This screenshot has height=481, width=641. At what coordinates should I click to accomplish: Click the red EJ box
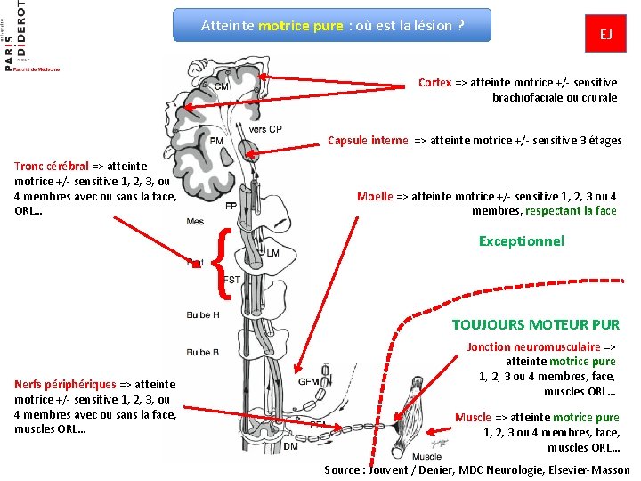[605, 35]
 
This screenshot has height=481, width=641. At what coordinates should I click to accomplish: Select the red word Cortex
[434, 83]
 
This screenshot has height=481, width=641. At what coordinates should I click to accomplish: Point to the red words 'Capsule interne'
[368, 140]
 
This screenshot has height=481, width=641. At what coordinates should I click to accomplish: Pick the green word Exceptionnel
[521, 241]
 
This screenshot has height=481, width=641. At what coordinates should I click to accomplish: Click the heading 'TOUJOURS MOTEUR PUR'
[535, 325]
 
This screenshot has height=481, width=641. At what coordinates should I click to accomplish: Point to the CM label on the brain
[221, 86]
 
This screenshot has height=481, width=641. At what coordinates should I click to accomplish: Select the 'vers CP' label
[264, 129]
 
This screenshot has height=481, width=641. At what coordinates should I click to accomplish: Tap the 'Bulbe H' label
[204, 315]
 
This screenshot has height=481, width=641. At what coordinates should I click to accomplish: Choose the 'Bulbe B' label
[204, 353]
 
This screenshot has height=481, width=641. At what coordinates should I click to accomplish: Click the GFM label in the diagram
[308, 382]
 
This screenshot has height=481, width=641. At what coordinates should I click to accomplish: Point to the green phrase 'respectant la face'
[571, 211]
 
